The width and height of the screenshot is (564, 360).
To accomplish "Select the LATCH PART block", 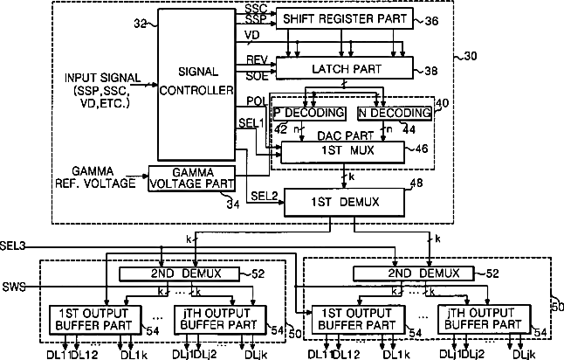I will coord(341,66).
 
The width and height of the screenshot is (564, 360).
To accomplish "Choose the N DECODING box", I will coord(395,113).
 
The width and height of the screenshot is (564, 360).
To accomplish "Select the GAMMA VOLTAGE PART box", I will coord(192,178).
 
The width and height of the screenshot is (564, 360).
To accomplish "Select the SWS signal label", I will coord(14,287).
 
